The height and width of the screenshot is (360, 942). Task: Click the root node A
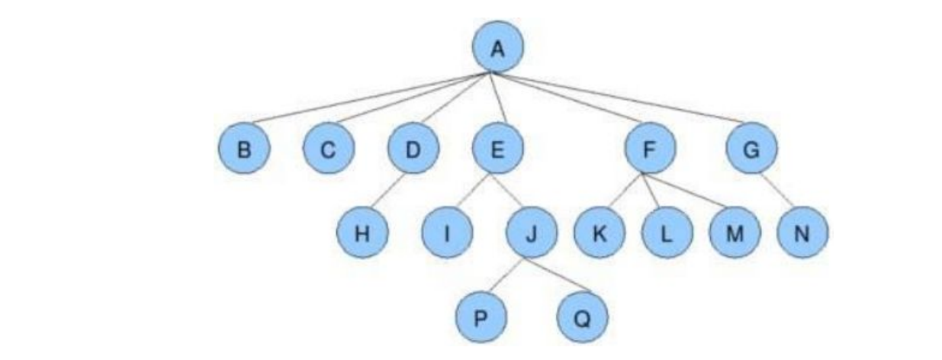point(497,49)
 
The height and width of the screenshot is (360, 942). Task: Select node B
point(244,149)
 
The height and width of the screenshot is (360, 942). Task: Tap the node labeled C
point(327,149)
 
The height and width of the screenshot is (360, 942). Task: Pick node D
point(413,149)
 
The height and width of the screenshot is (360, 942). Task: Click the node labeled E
point(497,149)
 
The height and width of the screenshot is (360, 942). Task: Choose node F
point(649,149)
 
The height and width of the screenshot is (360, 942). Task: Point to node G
point(751,149)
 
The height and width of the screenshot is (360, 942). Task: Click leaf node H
point(363,233)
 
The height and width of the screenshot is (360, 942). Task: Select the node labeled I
point(448,233)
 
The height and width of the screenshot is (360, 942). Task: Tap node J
point(531,233)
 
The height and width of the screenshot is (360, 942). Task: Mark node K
point(599,233)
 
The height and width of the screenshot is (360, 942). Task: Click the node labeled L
point(666,233)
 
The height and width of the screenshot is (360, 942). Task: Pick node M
point(734,233)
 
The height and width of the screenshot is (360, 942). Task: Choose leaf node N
point(802,233)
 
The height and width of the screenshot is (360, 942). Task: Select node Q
point(583,317)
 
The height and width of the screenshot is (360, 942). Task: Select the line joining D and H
point(388,191)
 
